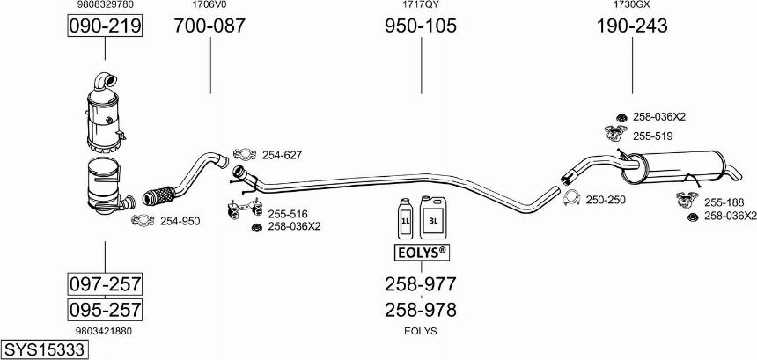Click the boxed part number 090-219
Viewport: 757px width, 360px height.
105,26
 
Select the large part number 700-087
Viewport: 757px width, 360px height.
209,26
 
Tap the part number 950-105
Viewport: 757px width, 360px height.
421,26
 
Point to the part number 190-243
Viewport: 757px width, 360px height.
632,26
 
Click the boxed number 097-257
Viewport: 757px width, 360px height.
105,283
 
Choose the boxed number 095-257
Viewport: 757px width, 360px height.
105,309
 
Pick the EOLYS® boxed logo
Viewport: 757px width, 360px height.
420,252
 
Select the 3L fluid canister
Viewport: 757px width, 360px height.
432,217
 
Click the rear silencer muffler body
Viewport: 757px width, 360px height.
676,167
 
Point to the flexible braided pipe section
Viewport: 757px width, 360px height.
159,195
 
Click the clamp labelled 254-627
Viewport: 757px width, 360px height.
245,154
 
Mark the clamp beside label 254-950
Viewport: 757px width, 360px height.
143,221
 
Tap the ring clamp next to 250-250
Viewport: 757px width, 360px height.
572,198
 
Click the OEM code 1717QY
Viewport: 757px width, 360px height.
421,4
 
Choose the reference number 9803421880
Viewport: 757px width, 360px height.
104,331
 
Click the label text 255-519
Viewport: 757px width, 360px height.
653,136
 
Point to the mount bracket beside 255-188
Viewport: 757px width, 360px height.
687,198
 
